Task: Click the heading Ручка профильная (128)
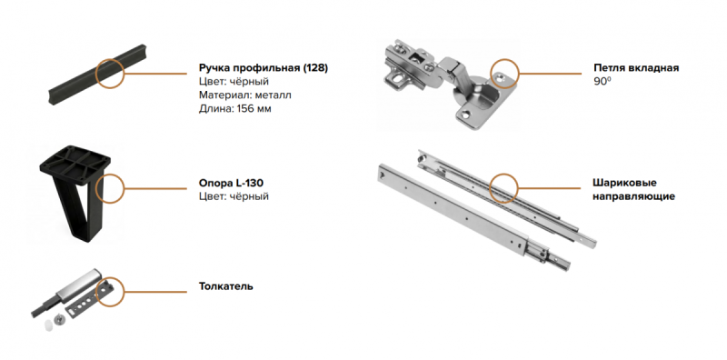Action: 264,68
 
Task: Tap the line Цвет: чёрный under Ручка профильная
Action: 234,82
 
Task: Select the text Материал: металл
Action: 245,95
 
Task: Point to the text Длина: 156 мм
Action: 235,109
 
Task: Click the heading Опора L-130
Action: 232,183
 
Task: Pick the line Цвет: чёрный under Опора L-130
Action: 234,196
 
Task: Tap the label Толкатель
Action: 225,285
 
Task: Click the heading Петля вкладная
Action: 636,68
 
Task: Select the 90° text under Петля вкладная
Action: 602,82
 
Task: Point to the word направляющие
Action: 633,196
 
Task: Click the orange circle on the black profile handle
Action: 110,59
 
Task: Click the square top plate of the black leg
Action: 75,164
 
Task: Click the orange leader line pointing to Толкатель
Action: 155,292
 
